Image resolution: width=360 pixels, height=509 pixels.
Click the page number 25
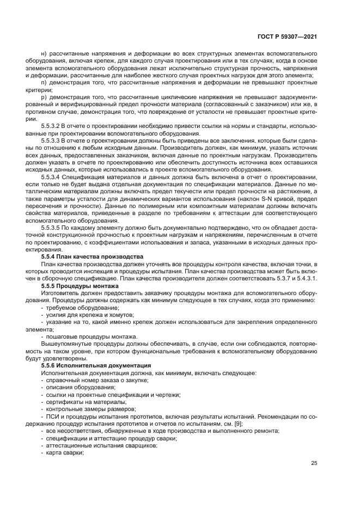[314, 464]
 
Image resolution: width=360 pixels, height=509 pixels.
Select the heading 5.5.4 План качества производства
[93, 255]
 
